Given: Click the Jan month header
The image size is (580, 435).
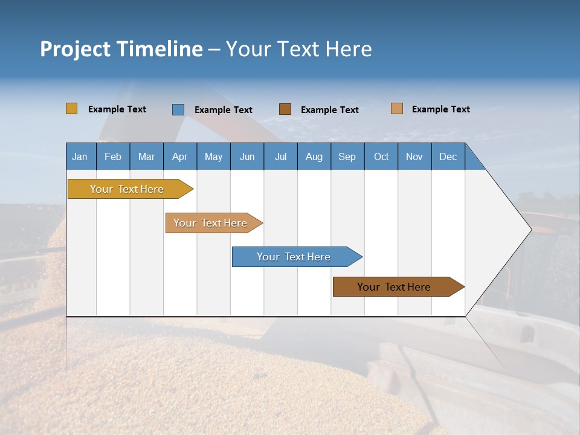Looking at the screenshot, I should [80, 156].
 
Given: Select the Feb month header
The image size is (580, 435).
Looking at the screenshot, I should [113, 156].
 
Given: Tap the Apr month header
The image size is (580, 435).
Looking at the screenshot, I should [179, 156].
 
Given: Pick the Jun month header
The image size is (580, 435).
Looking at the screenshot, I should [247, 156].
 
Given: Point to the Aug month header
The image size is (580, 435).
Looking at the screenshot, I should [314, 156].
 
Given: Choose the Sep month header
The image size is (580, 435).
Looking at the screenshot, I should [347, 156].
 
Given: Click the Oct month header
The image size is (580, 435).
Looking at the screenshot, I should [381, 156].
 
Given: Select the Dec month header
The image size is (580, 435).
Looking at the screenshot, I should [448, 156].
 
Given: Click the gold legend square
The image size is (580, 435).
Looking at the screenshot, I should [71, 109].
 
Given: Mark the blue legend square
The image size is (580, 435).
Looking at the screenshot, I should [178, 109].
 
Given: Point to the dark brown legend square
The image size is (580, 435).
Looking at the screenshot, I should [285, 109].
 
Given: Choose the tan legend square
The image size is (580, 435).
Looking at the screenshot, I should [396, 109].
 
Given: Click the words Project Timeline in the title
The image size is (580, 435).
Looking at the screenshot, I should [121, 49].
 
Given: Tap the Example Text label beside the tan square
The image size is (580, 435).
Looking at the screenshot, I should [440, 109].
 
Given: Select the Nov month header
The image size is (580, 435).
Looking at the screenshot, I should [414, 156].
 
